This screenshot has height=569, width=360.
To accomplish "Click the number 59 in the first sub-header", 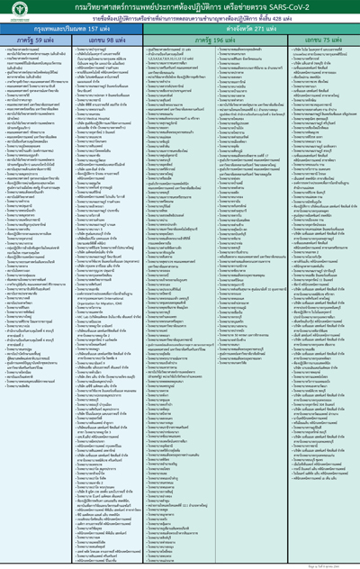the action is tap(47, 41).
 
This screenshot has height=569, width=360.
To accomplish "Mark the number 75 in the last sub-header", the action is tap(320, 41).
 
